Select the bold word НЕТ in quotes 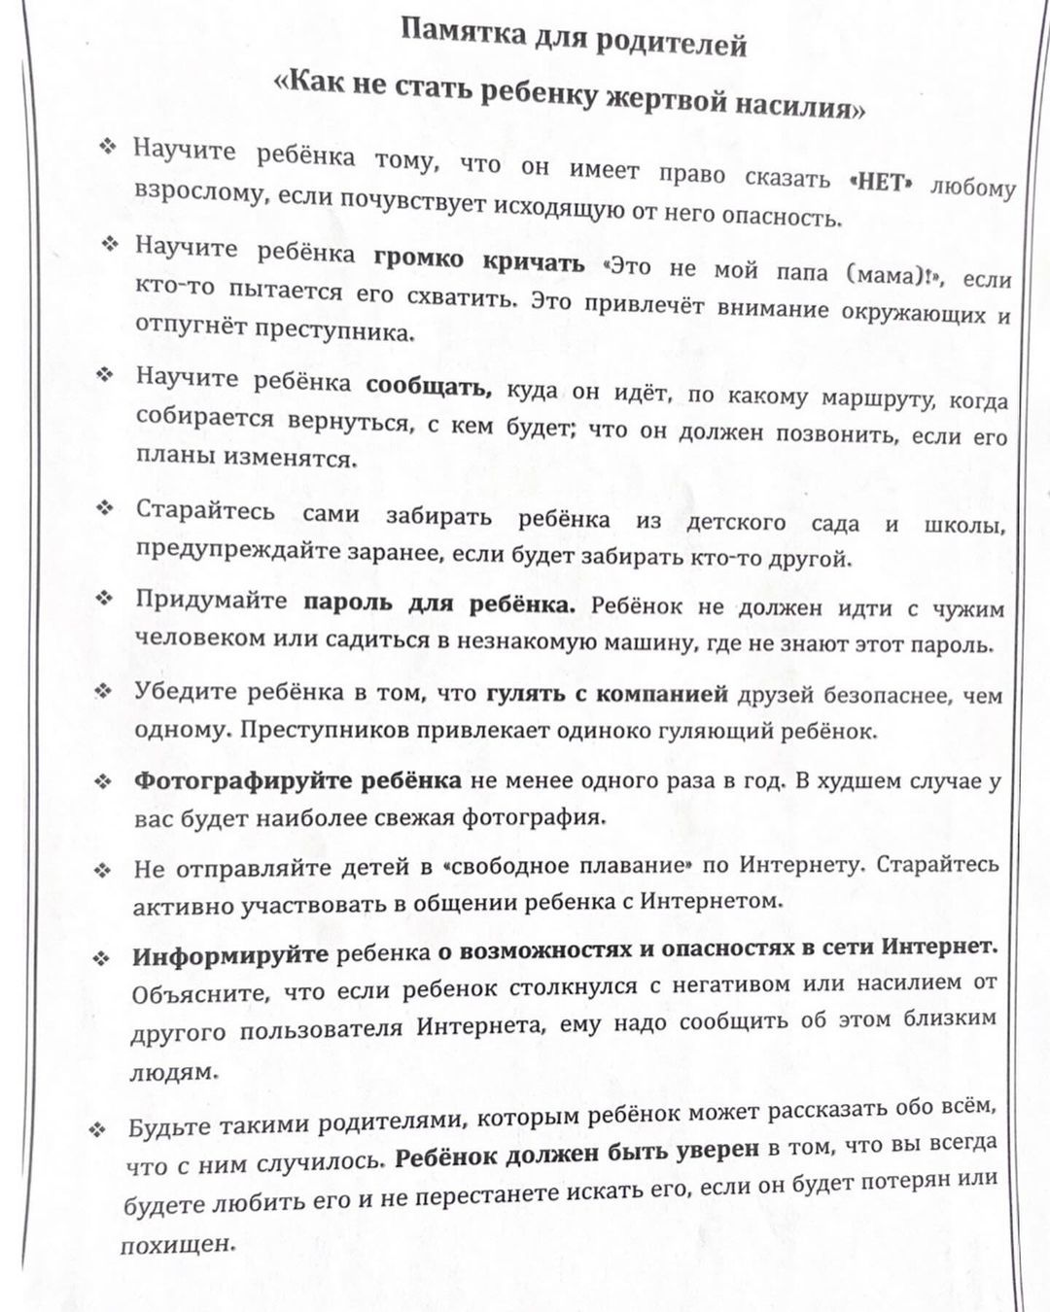(882, 182)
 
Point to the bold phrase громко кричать (479, 259)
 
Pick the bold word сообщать (431, 386)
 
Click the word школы (965, 525)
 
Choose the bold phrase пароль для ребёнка (440, 603)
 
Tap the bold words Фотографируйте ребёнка (297, 781)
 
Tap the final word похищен (178, 1243)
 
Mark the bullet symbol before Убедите (103, 691)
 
